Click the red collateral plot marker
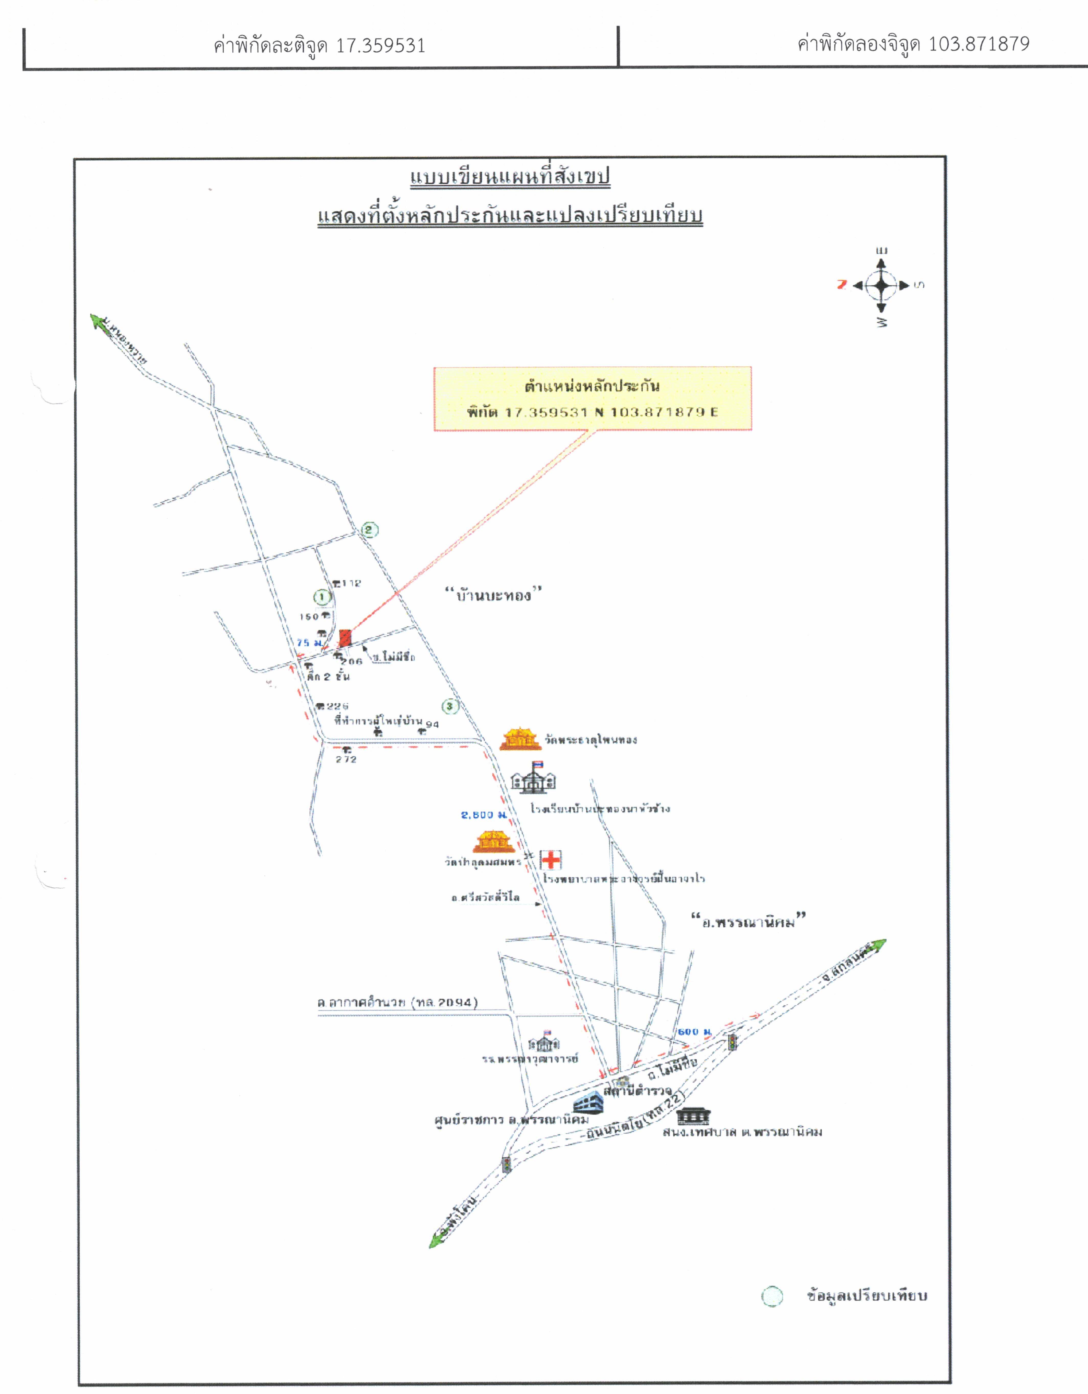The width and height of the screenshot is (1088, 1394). [345, 638]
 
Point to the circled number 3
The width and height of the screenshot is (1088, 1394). [450, 706]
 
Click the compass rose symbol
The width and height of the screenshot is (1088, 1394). [882, 285]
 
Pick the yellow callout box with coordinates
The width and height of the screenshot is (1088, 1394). [593, 398]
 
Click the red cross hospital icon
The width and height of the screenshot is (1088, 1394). [550, 860]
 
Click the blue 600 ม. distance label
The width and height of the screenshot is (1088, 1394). [693, 1031]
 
